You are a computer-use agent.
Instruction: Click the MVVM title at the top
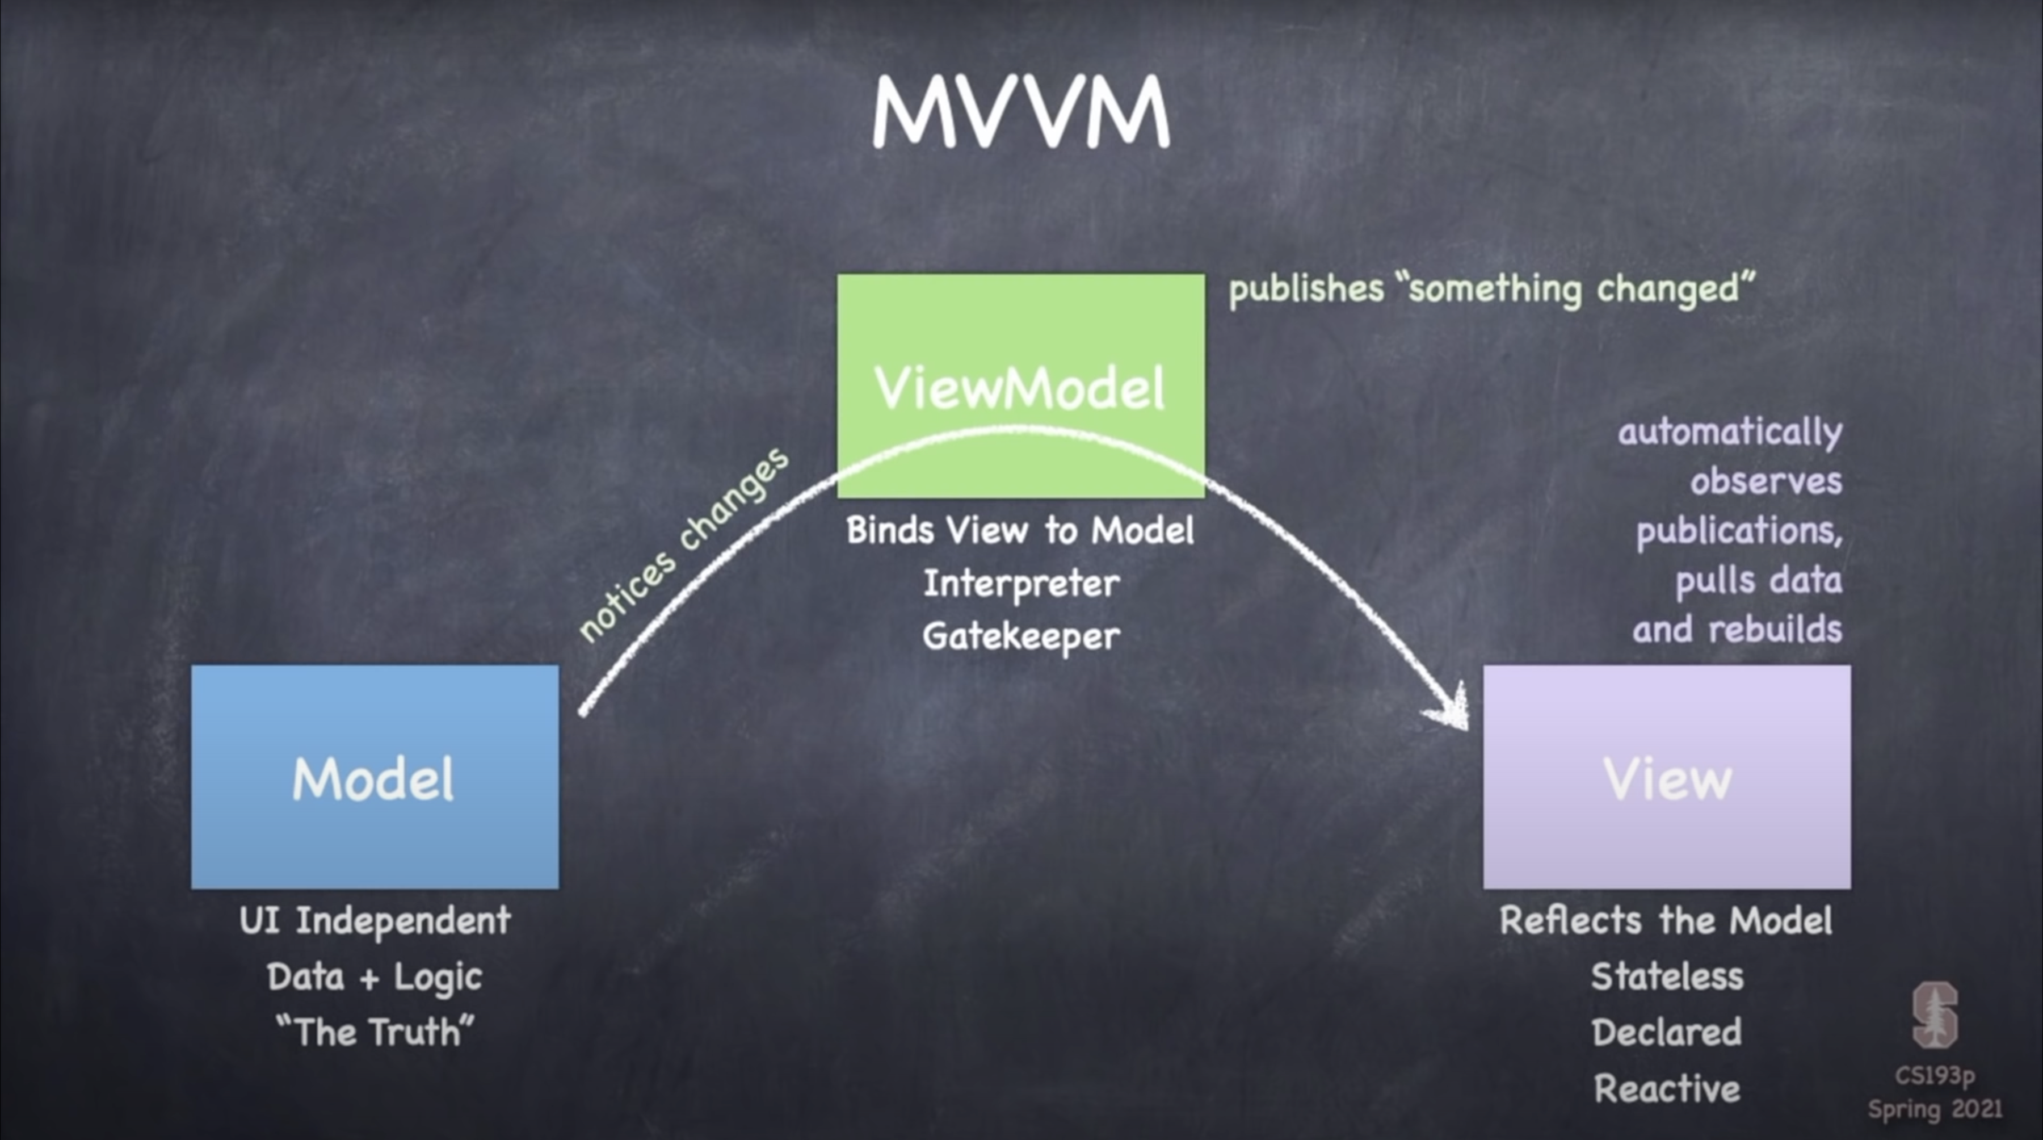[x=1021, y=112]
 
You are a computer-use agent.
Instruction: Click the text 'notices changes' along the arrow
[x=684, y=545]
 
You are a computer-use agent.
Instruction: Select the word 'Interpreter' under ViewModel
[x=1021, y=584]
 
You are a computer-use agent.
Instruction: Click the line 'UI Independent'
[x=375, y=921]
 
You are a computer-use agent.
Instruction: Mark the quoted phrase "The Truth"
[x=375, y=1032]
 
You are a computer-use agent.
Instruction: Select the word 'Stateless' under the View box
[x=1667, y=976]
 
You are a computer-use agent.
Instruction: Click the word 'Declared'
[x=1667, y=1032]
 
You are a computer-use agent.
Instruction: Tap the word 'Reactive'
[x=1667, y=1088]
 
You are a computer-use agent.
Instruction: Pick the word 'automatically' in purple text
[x=1730, y=433]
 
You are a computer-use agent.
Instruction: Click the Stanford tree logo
[x=1935, y=1016]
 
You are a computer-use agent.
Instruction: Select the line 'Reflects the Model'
[x=1666, y=921]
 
